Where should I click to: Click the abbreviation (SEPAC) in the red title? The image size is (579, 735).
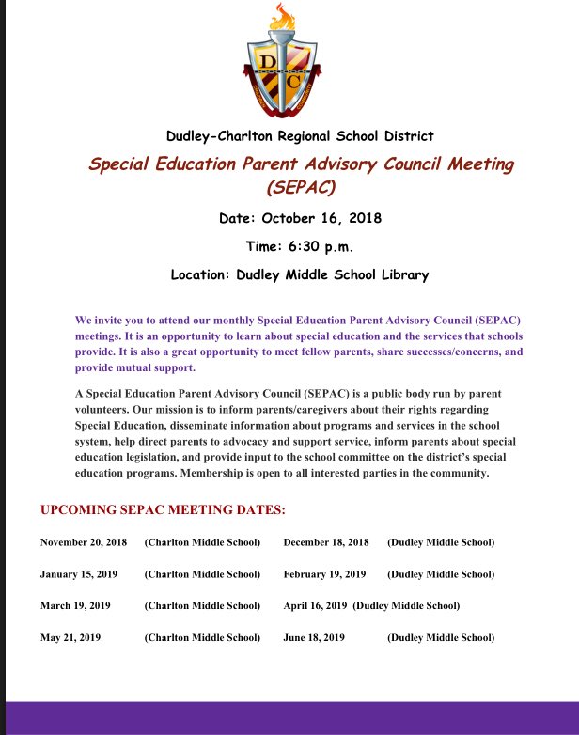(x=301, y=186)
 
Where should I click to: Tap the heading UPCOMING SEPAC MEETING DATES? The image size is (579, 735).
(x=163, y=510)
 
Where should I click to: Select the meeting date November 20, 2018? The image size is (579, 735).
(x=84, y=542)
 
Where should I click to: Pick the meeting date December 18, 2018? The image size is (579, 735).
(x=326, y=542)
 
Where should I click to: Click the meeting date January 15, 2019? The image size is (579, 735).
(x=80, y=574)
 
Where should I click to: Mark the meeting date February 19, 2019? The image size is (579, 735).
(x=324, y=574)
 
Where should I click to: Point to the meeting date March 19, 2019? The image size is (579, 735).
(x=75, y=606)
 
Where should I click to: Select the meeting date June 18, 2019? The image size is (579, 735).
(x=314, y=637)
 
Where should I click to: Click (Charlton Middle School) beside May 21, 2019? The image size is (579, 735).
(x=202, y=637)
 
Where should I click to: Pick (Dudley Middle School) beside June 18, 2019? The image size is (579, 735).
(x=441, y=637)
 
